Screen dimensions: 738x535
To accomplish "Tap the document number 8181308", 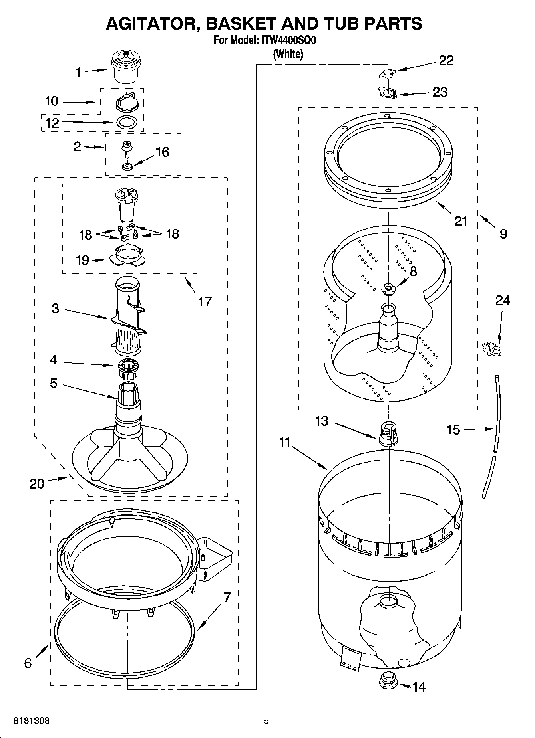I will coord(32,721).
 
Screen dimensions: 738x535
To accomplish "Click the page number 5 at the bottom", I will coord(266,721).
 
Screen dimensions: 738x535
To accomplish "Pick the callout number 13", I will coord(322,421).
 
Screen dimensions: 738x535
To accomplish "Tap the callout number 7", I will coord(227,598).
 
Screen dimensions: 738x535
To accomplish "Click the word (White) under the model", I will coord(288,54).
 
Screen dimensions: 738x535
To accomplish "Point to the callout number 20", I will coord(37,484).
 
